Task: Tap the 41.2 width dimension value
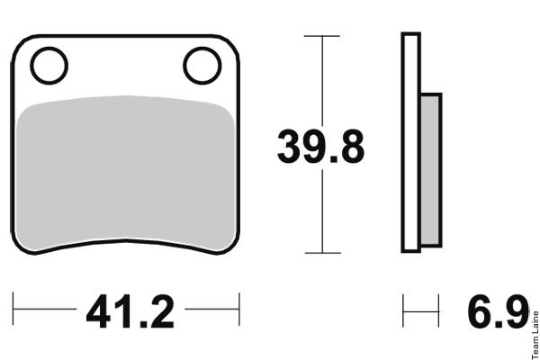point(130,311)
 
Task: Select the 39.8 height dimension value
point(320,147)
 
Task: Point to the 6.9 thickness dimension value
point(499,311)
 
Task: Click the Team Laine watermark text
point(535,335)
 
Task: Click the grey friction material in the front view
point(126,172)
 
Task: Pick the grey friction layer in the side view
point(430,170)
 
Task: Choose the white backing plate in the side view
point(411,142)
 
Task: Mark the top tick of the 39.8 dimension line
point(322,36)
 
